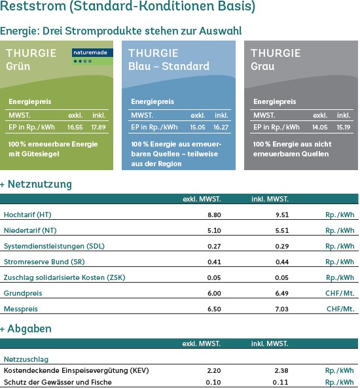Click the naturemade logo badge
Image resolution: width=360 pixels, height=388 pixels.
[x=92, y=57]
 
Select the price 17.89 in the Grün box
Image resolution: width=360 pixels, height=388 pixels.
[x=98, y=127]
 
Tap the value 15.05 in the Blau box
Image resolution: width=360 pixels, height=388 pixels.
[x=198, y=127]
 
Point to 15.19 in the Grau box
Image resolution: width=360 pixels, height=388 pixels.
[x=344, y=127]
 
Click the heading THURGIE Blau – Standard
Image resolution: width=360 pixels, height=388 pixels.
[x=169, y=60]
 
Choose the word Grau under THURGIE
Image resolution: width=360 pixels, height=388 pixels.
[x=262, y=66]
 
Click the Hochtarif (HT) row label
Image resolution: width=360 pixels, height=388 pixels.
[x=27, y=215]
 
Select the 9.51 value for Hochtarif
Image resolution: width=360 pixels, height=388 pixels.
[x=282, y=215]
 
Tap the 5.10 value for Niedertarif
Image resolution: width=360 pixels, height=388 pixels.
[x=214, y=230]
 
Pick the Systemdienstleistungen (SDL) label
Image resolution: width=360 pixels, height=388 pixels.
[x=54, y=246]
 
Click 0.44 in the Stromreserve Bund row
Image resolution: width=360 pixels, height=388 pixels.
[x=282, y=262]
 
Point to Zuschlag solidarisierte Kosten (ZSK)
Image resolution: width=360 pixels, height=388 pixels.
[x=64, y=277]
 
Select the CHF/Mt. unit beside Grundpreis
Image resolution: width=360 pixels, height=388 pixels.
[x=340, y=293]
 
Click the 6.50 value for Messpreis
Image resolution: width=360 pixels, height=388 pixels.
[x=214, y=309]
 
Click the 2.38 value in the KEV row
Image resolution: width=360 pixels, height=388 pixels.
[x=281, y=371]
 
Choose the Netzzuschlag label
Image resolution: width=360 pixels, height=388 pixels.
[x=26, y=359]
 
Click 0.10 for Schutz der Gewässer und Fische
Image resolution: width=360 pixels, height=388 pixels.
[x=213, y=382]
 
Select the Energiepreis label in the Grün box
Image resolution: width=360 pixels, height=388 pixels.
[x=29, y=101]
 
